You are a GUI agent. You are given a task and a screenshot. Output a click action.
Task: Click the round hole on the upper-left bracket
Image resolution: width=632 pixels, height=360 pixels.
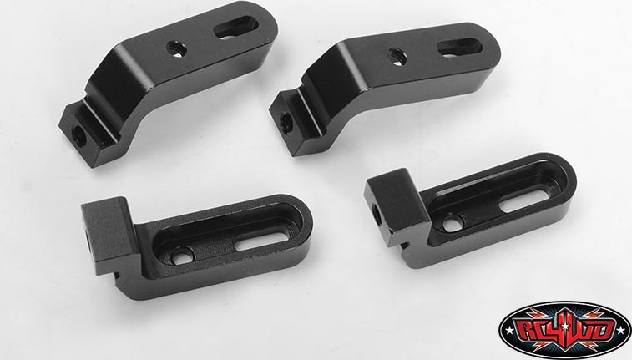pyautogui.click(x=176, y=49)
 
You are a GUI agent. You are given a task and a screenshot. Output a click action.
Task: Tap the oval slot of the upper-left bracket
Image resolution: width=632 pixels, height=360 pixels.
pyautogui.click(x=235, y=28)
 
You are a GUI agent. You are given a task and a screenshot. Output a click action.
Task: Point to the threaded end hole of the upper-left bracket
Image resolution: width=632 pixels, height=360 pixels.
pyautogui.click(x=80, y=137)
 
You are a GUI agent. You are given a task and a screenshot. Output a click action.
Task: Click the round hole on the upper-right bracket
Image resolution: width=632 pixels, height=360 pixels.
pyautogui.click(x=397, y=57)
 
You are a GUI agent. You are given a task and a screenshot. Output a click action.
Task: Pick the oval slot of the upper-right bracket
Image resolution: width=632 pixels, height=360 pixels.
pyautogui.click(x=459, y=48)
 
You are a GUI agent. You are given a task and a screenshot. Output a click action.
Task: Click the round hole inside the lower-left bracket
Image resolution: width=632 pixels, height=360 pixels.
pyautogui.click(x=183, y=256)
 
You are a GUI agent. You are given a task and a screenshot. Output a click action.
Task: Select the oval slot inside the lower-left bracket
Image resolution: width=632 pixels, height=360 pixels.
pyautogui.click(x=262, y=241)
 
